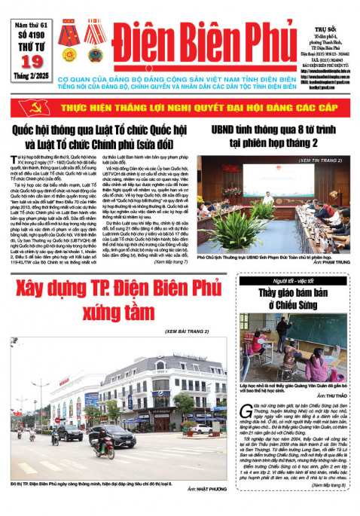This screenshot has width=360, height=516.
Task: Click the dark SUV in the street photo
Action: [x=69, y=432]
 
